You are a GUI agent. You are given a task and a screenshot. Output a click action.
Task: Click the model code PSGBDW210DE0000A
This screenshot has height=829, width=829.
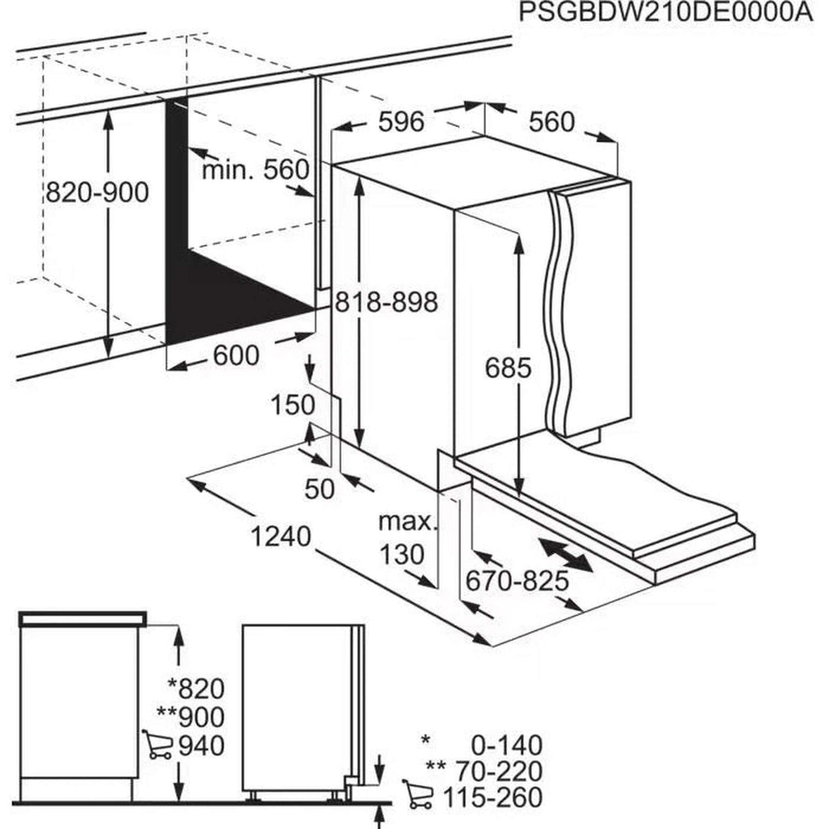(665, 13)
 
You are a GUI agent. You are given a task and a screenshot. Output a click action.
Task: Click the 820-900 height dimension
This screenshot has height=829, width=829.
(97, 193)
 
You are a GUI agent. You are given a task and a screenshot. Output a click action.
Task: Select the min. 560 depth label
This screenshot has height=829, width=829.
(255, 170)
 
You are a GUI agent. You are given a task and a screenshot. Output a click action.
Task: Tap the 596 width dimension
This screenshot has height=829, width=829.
(401, 122)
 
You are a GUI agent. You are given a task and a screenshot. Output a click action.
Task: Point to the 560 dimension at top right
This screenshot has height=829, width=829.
(551, 122)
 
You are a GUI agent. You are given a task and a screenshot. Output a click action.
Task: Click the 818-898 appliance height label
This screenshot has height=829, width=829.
(386, 302)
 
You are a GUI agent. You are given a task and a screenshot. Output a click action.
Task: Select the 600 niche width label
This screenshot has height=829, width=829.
(236, 356)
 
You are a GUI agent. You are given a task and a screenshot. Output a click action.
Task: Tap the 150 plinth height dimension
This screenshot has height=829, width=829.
(293, 405)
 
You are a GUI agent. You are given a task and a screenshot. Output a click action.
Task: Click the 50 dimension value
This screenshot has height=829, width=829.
(319, 489)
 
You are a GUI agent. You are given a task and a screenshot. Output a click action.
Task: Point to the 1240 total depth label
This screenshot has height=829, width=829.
(281, 537)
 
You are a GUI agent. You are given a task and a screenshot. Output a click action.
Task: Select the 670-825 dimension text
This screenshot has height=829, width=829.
(516, 581)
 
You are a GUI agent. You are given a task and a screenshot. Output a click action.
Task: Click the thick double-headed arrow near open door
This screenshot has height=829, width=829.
(566, 554)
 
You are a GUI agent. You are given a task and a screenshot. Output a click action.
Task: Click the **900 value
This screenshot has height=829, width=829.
(190, 717)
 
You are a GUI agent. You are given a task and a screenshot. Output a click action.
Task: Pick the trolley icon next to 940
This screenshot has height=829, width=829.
(157, 745)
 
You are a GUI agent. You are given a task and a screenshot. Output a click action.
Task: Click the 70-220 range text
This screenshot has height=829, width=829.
(498, 771)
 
